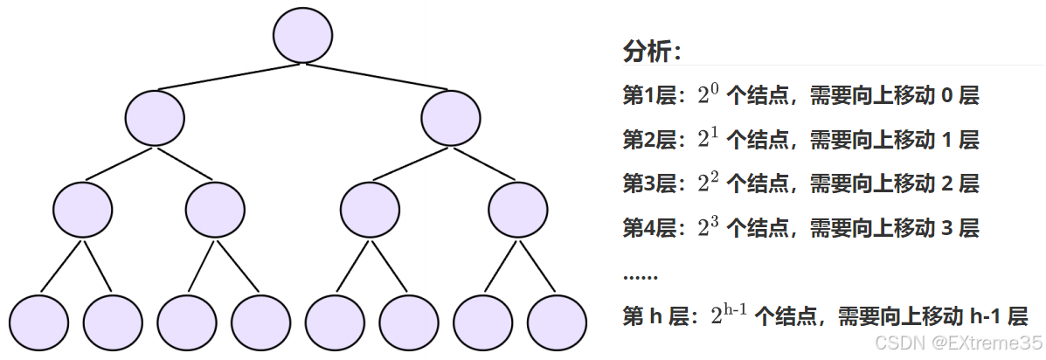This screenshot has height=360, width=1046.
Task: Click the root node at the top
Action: click(x=302, y=35)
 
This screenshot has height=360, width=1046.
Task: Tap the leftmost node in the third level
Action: click(x=82, y=210)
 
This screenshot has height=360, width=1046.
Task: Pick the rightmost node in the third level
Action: click(x=518, y=210)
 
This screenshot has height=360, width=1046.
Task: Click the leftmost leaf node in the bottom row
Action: click(x=38, y=322)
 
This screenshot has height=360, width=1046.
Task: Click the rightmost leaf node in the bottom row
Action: click(x=556, y=322)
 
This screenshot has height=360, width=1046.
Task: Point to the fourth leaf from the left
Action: click(x=260, y=322)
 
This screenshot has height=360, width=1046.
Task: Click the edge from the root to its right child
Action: click(x=378, y=77)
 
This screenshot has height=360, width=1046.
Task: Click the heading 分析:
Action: click(x=652, y=52)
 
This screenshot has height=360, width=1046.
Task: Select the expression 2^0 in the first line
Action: click(x=708, y=94)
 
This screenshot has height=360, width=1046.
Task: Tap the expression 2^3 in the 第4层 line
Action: click(x=708, y=228)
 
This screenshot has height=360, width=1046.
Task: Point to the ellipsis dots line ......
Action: click(x=640, y=276)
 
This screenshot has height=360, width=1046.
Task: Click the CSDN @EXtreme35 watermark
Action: click(x=959, y=343)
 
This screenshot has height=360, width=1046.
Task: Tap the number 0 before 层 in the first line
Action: click(x=946, y=96)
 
